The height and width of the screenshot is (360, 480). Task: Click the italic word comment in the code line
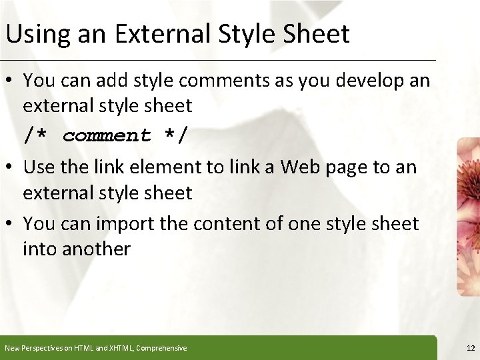tap(107, 135)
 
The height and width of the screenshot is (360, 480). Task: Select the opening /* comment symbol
tap(37, 135)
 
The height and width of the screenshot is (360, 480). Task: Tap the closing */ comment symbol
tap(175, 135)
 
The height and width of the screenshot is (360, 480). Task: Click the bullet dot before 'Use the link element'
tap(11, 167)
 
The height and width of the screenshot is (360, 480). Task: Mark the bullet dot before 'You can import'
tap(11, 224)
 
